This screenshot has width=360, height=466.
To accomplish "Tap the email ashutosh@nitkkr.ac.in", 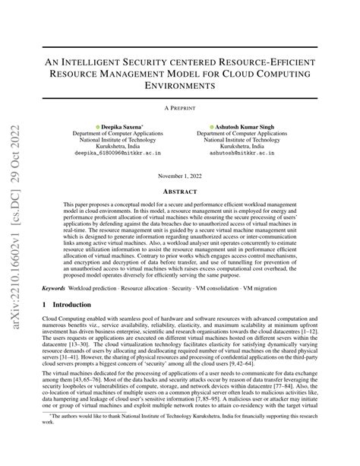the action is click(x=245, y=152).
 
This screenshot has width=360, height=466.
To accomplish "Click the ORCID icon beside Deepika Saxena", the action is click(x=97, y=125).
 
